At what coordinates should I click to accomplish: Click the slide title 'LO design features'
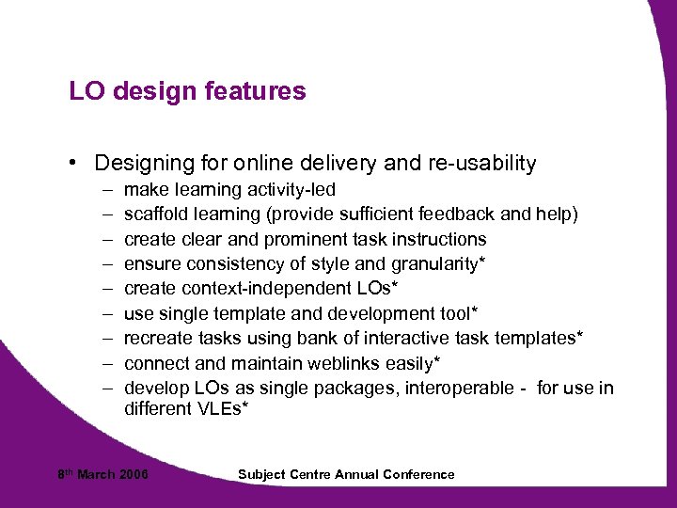[187, 91]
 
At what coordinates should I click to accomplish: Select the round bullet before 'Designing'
[73, 164]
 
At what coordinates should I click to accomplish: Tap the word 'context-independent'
[250, 289]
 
